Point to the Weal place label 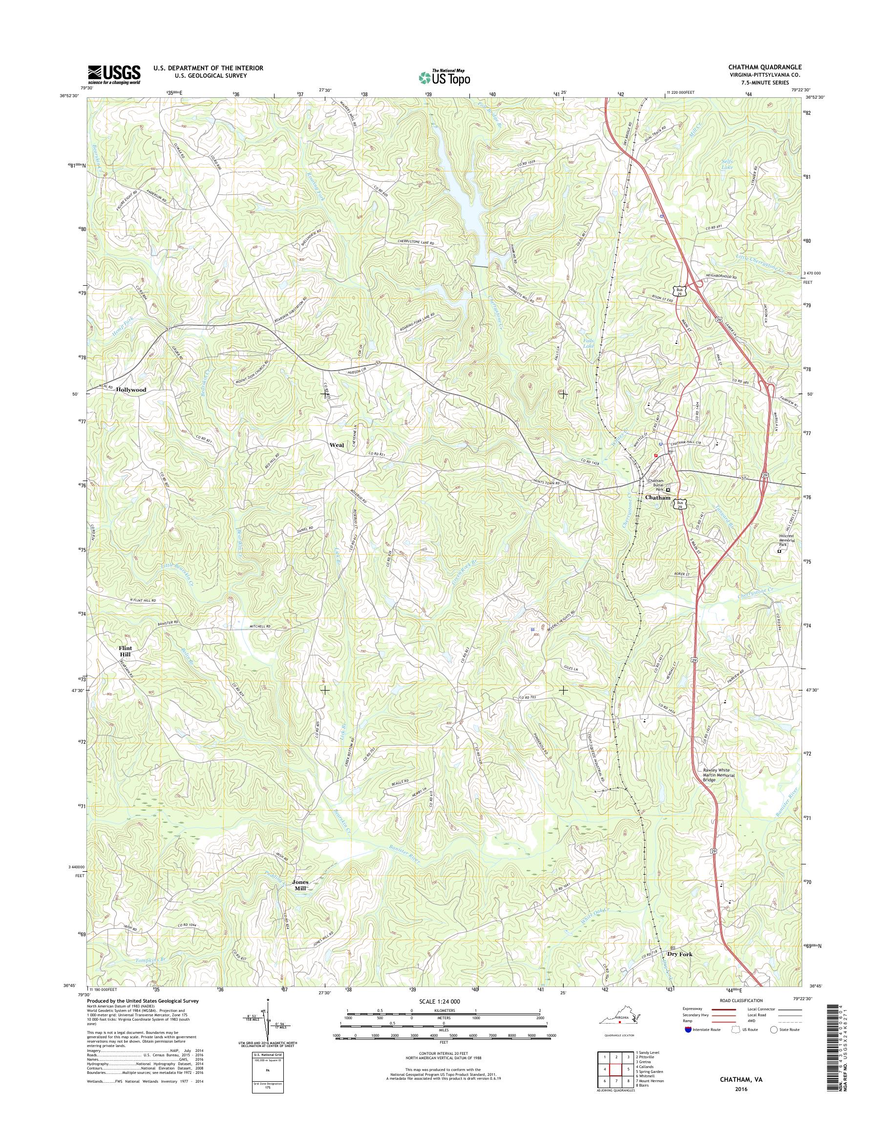click(336, 445)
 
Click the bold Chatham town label click(657, 498)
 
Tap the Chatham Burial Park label click(656, 485)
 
